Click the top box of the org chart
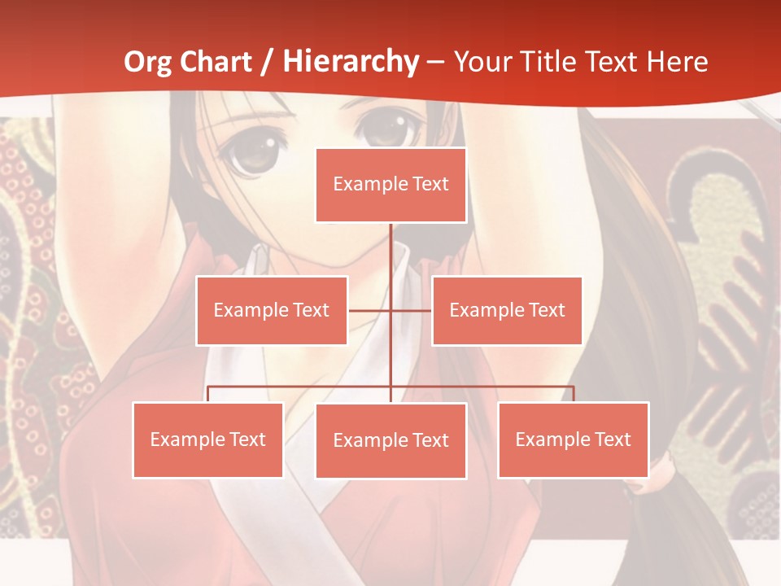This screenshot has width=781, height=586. click(x=390, y=185)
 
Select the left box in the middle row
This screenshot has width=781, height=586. click(x=272, y=310)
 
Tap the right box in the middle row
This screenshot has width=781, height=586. click(x=507, y=310)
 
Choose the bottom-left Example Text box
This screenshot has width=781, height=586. click(x=208, y=439)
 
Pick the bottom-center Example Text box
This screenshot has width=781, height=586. click(x=390, y=440)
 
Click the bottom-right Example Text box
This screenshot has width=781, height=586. click(x=574, y=439)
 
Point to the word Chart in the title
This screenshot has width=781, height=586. click(x=216, y=62)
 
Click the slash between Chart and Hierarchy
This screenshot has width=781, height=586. click(x=265, y=62)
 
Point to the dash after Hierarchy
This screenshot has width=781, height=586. click(x=435, y=63)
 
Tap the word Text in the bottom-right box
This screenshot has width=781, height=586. click(x=612, y=439)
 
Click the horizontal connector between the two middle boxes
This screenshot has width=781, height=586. click(x=390, y=310)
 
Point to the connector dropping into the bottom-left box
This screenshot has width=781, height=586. click(x=208, y=394)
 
